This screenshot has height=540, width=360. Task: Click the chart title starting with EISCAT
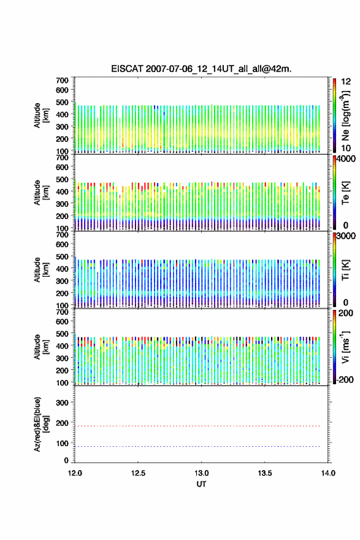pyautogui.click(x=201, y=69)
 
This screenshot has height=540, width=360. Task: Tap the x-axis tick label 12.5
pyautogui.click(x=138, y=473)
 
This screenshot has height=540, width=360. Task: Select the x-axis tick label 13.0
pyautogui.click(x=201, y=473)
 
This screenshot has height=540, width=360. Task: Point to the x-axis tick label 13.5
pyautogui.click(x=265, y=473)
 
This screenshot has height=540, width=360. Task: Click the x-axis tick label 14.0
pyautogui.click(x=328, y=473)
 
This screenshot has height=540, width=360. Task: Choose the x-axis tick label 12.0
pyautogui.click(x=75, y=473)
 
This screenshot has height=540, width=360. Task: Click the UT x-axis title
pyautogui.click(x=201, y=484)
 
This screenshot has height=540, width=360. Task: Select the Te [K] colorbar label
pyautogui.click(x=345, y=193)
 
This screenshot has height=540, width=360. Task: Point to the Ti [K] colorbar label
pyautogui.click(x=345, y=269)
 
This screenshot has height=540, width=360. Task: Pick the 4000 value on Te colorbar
pyautogui.click(x=346, y=159)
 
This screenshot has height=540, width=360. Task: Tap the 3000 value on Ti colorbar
pyautogui.click(x=346, y=236)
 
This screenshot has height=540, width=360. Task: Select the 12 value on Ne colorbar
pyautogui.click(x=347, y=82)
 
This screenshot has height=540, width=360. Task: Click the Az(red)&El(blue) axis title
pyautogui.click(x=41, y=424)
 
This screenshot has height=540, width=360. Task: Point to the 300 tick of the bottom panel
pyautogui.click(x=63, y=403)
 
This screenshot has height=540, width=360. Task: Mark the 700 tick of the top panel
pyautogui.click(x=63, y=80)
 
